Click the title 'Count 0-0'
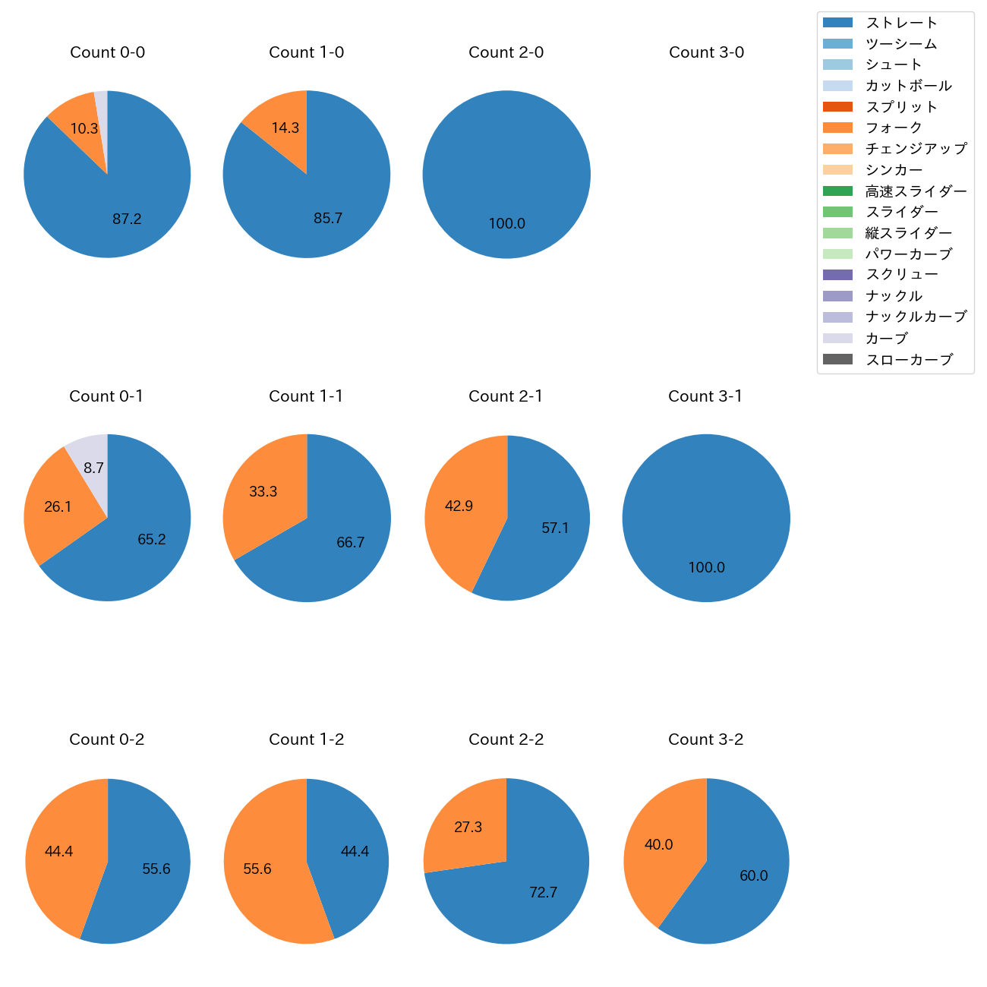[x=107, y=52]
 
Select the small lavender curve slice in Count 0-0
[x=101, y=114]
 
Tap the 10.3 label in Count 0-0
[x=84, y=129]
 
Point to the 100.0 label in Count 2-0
[x=506, y=224]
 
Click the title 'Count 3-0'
[x=706, y=52]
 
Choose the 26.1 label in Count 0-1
[x=58, y=506]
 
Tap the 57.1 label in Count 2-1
[x=555, y=528]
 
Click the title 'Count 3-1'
[x=705, y=396]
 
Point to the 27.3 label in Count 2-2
[x=468, y=827]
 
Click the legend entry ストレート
[x=901, y=23]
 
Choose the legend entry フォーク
[x=894, y=128]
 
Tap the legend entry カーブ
[x=886, y=339]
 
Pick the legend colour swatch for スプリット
[x=837, y=107]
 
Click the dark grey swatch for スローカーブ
[x=837, y=359]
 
